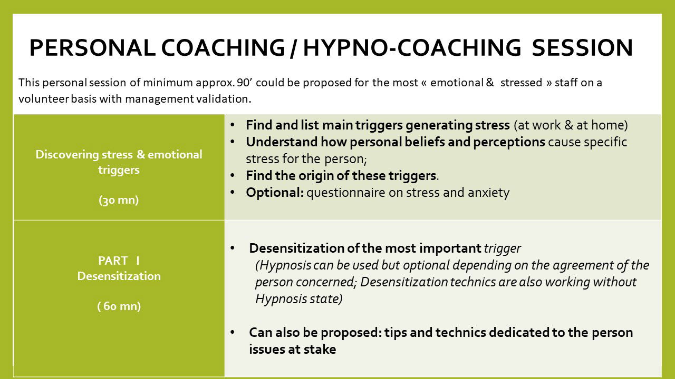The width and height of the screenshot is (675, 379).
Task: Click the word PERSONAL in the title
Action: click(92, 48)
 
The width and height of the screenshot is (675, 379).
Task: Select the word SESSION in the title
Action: click(582, 48)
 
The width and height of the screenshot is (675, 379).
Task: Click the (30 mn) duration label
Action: click(119, 200)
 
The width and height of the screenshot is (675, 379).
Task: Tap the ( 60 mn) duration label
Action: click(119, 306)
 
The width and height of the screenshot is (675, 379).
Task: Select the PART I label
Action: click(119, 261)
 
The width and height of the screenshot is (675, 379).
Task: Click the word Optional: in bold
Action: click(274, 193)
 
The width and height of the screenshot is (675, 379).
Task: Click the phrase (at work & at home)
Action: click(571, 125)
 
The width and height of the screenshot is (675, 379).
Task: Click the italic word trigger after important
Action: click(503, 248)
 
